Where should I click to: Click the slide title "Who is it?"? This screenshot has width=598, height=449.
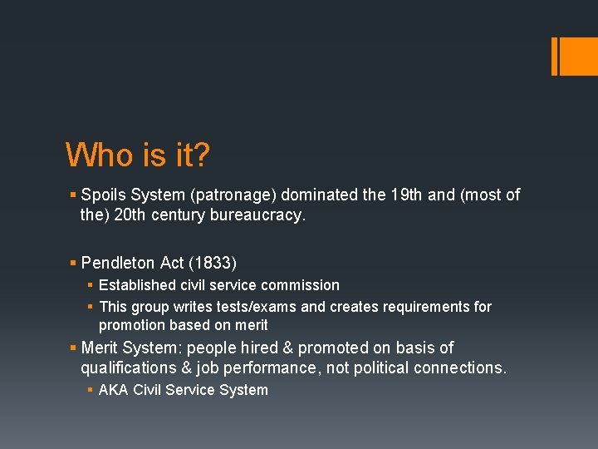point(138,155)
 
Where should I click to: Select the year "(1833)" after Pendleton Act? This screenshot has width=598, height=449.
point(213,264)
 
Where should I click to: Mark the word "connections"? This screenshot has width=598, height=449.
point(458,368)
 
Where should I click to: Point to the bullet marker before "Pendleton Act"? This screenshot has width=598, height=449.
point(73,264)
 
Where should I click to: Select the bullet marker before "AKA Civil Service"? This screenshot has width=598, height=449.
point(91,390)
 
